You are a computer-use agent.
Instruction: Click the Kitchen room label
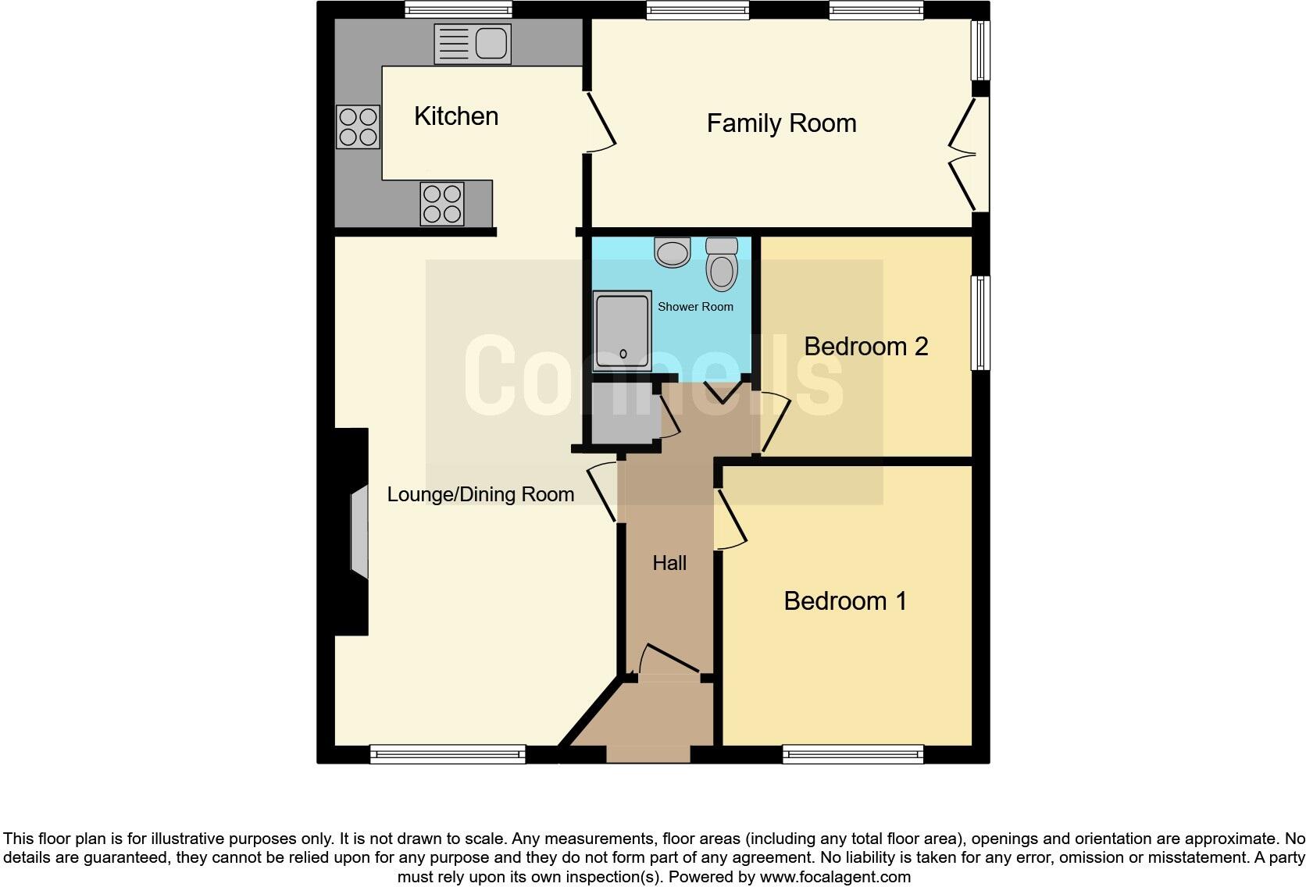(x=456, y=116)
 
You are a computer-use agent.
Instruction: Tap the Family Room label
(x=781, y=123)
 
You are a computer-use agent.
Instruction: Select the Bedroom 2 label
(x=865, y=346)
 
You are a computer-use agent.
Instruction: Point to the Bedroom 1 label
(x=845, y=600)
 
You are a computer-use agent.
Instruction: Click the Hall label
(x=669, y=563)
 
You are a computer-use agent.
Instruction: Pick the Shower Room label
(x=695, y=307)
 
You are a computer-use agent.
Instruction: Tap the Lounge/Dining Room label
(x=480, y=494)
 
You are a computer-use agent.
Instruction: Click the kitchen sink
(x=473, y=43)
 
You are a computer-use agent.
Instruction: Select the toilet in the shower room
(x=722, y=265)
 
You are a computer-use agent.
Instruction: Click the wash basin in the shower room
(x=673, y=252)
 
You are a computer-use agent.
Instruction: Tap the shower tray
(x=623, y=331)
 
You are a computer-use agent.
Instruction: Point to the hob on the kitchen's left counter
(x=358, y=127)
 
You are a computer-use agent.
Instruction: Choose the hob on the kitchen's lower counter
(x=442, y=203)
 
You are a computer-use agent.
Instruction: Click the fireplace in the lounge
(x=359, y=532)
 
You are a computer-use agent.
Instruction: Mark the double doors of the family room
(x=965, y=155)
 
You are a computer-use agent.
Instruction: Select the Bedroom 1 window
(x=853, y=753)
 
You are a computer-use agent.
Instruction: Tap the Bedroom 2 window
(x=980, y=322)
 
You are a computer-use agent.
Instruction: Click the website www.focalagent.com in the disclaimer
(x=835, y=877)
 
